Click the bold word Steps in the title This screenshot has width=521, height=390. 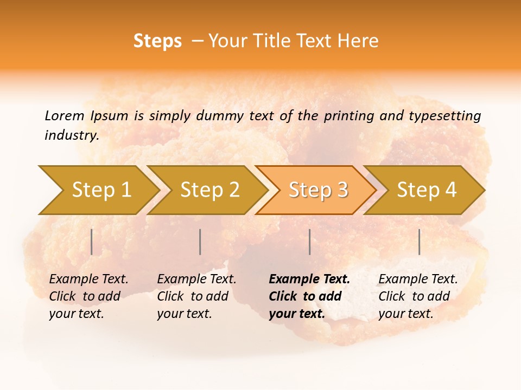(157, 41)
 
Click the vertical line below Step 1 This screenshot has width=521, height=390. (92, 242)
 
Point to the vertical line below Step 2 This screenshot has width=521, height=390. (200, 242)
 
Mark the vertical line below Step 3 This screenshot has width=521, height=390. (309, 242)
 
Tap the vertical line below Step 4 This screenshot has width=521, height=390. (420, 242)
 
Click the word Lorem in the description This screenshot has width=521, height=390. (65, 115)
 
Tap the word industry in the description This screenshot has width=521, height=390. (72, 135)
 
